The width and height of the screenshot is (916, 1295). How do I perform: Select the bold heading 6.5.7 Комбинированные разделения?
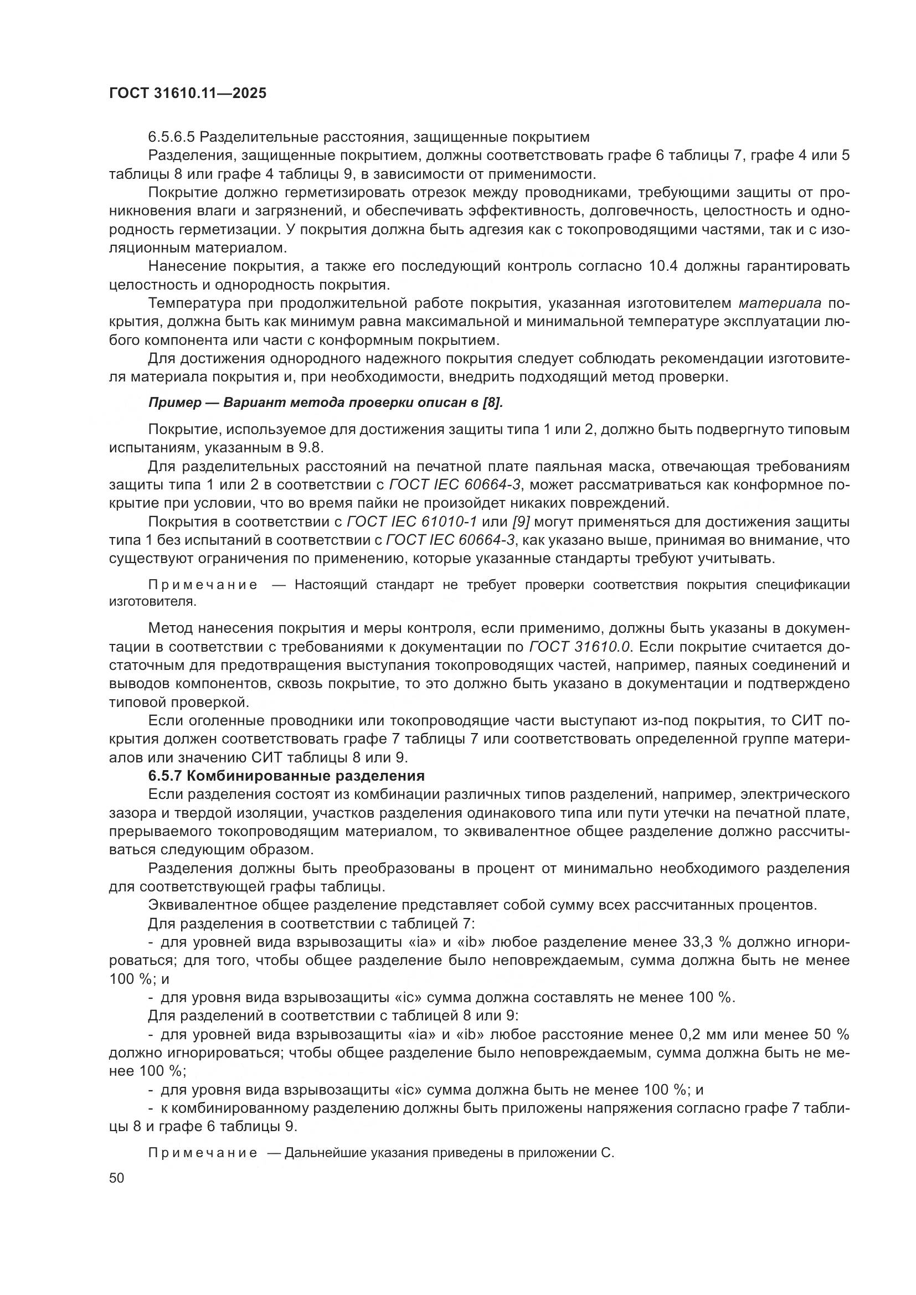pyautogui.click(x=286, y=776)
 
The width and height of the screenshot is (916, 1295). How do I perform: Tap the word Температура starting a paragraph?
pyautogui.click(x=193, y=303)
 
